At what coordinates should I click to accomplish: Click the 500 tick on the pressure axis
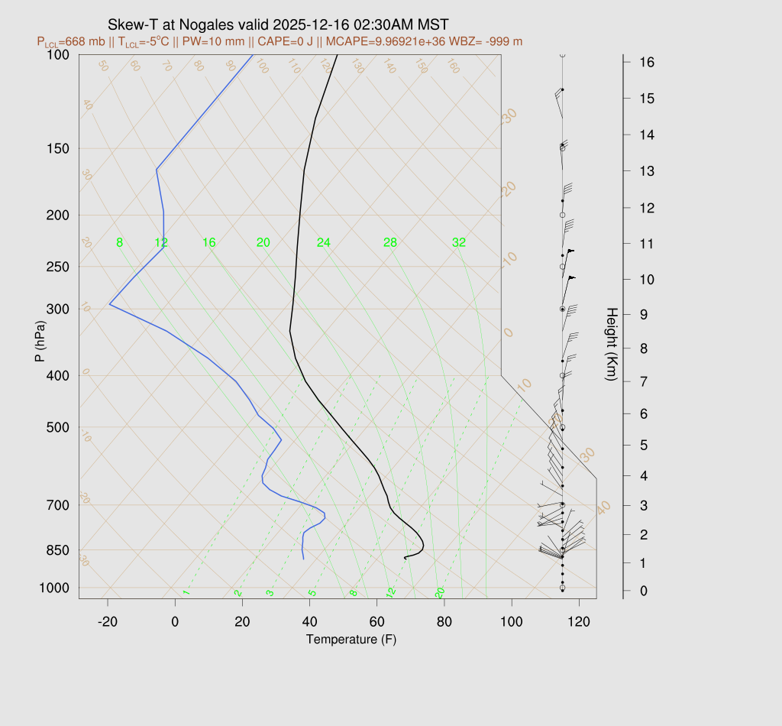[58, 427]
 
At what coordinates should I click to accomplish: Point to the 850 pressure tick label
[58, 550]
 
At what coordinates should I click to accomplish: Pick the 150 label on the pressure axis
[58, 148]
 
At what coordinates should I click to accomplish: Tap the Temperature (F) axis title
[351, 639]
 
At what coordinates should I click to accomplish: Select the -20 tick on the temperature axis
[108, 622]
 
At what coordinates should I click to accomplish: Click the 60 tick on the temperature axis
[377, 622]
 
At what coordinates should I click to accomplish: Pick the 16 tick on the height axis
[646, 62]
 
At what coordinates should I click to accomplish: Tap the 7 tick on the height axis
[643, 381]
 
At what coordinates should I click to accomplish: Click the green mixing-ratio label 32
[459, 243]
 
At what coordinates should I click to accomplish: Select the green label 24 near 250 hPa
[324, 243]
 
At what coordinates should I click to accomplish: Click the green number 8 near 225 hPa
[119, 243]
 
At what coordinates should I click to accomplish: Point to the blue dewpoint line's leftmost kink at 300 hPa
[110, 304]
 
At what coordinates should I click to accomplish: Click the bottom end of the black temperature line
[405, 559]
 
